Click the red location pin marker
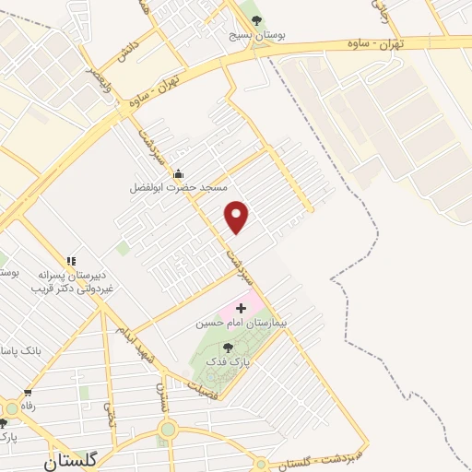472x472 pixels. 238,217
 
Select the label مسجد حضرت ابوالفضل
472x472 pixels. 177,187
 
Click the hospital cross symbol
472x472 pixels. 242,307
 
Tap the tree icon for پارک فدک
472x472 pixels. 229,347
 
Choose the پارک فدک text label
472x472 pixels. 229,362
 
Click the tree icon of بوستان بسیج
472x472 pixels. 257,20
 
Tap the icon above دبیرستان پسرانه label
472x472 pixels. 70,261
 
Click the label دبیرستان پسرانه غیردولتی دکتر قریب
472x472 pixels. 73,281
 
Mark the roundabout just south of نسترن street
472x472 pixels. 167,429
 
